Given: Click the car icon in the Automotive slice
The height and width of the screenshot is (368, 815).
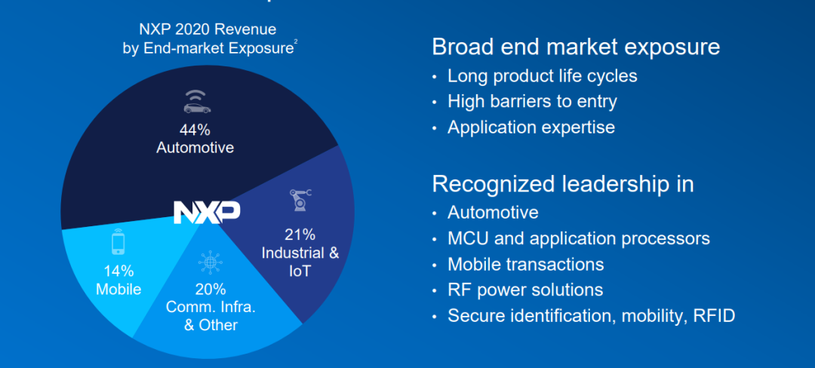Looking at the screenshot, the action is (x=197, y=103).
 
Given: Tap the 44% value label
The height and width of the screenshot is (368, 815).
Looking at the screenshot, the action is (x=195, y=129).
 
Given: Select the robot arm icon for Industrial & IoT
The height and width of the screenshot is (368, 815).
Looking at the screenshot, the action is (x=300, y=201).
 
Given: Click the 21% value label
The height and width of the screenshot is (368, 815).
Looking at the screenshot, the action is (x=300, y=235).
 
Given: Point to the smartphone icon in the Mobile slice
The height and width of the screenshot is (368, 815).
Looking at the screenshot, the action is (x=118, y=241).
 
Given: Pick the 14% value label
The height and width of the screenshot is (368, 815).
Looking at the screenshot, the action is (x=118, y=271).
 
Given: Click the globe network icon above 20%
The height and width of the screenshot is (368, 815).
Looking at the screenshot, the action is (x=210, y=263).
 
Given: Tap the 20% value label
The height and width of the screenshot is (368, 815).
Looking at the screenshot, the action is (x=211, y=289).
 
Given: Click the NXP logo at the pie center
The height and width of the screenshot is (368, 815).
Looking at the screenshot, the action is (x=206, y=212).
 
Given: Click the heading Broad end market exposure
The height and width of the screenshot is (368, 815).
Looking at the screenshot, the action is (x=576, y=48).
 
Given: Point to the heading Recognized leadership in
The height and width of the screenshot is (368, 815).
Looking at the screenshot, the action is (x=563, y=184).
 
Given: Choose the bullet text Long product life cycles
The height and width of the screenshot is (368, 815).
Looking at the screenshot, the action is (x=542, y=76).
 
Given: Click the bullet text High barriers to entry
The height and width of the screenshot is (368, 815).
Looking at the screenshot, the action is (x=532, y=101).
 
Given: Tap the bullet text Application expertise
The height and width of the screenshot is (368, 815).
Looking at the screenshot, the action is (x=531, y=127).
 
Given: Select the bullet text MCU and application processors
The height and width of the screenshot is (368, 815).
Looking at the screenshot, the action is (x=579, y=239).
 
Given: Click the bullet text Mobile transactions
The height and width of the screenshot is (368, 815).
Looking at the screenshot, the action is (x=525, y=264).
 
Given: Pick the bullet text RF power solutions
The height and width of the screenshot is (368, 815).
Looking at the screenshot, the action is (x=525, y=290).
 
